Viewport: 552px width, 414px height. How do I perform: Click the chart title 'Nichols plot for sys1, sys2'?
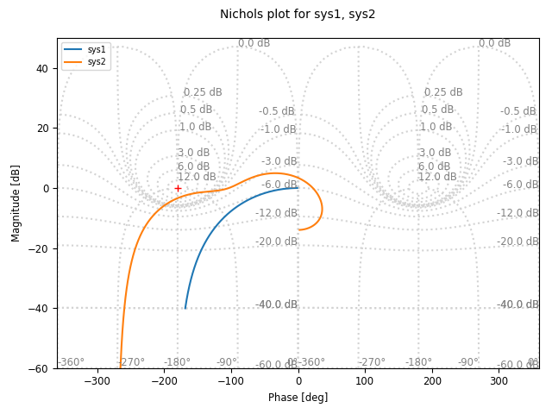pyautogui.click(x=298, y=15)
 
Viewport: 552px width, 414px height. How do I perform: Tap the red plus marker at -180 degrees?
pyautogui.click(x=178, y=188)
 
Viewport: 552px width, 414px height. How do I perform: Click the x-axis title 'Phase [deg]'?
pyautogui.click(x=298, y=398)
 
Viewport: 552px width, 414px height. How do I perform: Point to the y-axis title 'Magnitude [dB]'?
pyautogui.click(x=16, y=203)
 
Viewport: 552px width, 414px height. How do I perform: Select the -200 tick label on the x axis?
pyautogui.click(x=164, y=380)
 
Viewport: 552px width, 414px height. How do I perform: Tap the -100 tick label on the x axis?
pyautogui.click(x=230, y=380)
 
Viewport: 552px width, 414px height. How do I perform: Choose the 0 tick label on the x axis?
pyautogui.click(x=298, y=380)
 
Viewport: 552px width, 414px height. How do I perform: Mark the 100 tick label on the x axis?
pyautogui.click(x=365, y=380)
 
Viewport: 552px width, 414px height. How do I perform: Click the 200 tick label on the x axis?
pyautogui.click(x=432, y=380)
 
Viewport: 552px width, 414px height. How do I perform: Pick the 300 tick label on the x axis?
pyautogui.click(x=499, y=380)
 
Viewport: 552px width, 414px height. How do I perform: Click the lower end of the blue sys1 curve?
pyautogui.click(x=185, y=308)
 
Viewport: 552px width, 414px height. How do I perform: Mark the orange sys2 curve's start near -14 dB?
pyautogui.click(x=298, y=229)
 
